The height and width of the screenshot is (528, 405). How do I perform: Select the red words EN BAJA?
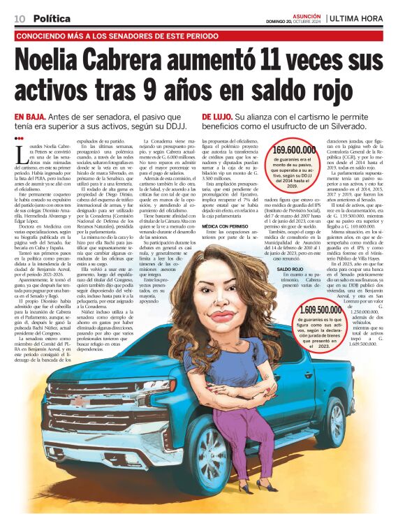pyautogui.click(x=29, y=116)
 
